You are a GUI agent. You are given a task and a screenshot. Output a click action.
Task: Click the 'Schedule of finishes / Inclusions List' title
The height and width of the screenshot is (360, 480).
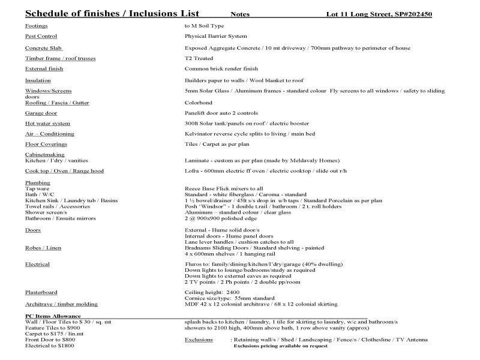point(113,14)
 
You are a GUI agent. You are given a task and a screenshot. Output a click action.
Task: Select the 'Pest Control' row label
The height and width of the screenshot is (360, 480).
point(41,37)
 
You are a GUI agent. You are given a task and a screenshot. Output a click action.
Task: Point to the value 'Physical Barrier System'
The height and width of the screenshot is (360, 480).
point(215,37)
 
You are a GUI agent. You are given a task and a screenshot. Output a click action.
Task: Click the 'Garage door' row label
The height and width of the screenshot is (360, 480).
point(41,113)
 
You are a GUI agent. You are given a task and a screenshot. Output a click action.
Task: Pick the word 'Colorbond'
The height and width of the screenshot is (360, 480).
point(198,103)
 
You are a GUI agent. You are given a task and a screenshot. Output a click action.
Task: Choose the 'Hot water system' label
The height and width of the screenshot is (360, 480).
point(47,124)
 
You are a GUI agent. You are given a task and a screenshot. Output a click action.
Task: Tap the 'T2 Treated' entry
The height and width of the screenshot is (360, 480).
point(199,58)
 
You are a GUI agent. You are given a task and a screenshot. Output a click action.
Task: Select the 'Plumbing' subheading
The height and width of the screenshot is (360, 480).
point(38,182)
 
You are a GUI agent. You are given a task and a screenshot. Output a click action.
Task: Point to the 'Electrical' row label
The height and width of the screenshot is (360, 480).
point(37,264)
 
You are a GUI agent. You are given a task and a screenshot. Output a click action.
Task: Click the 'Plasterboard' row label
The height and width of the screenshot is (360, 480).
point(41,292)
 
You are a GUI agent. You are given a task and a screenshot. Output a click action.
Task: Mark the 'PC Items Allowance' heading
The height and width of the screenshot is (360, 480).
point(53,316)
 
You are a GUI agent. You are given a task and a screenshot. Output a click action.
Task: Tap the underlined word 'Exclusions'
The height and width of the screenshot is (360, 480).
point(199,340)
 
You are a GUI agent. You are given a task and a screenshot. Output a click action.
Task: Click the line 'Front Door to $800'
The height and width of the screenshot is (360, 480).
point(50,340)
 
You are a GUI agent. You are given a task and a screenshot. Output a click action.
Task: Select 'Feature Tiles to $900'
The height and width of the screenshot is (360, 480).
point(52,328)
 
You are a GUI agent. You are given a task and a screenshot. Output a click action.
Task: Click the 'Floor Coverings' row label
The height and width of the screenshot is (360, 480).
point(46,145)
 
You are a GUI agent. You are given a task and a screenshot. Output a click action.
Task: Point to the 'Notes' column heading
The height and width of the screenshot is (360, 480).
point(241,14)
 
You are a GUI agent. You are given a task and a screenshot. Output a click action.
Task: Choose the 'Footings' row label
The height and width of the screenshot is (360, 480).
point(36,26)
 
